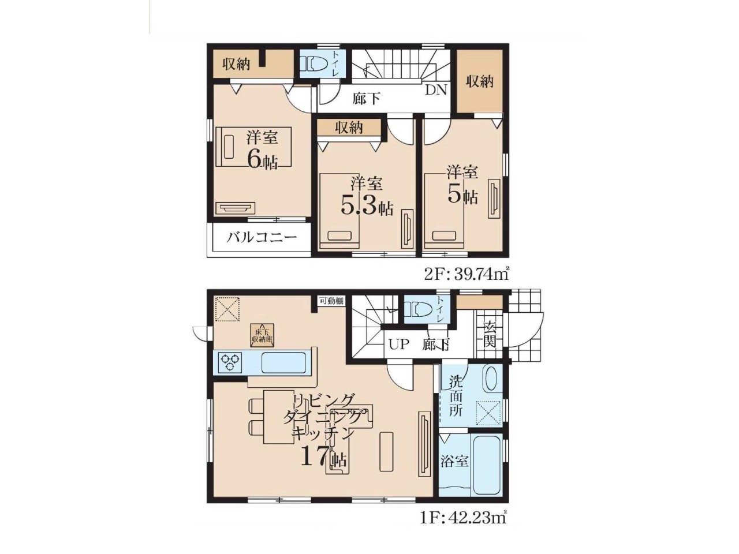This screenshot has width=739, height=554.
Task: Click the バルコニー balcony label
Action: (262, 238)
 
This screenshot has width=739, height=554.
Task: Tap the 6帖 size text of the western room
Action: (263, 159)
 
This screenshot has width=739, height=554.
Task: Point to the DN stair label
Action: (436, 90)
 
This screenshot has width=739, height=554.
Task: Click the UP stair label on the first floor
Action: (399, 345)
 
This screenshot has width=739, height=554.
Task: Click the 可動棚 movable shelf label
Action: (331, 301)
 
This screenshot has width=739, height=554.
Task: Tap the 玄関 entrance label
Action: (488, 335)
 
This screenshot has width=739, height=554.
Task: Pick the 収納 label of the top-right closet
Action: (480, 81)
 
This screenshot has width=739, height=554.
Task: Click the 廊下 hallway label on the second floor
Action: (366, 99)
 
